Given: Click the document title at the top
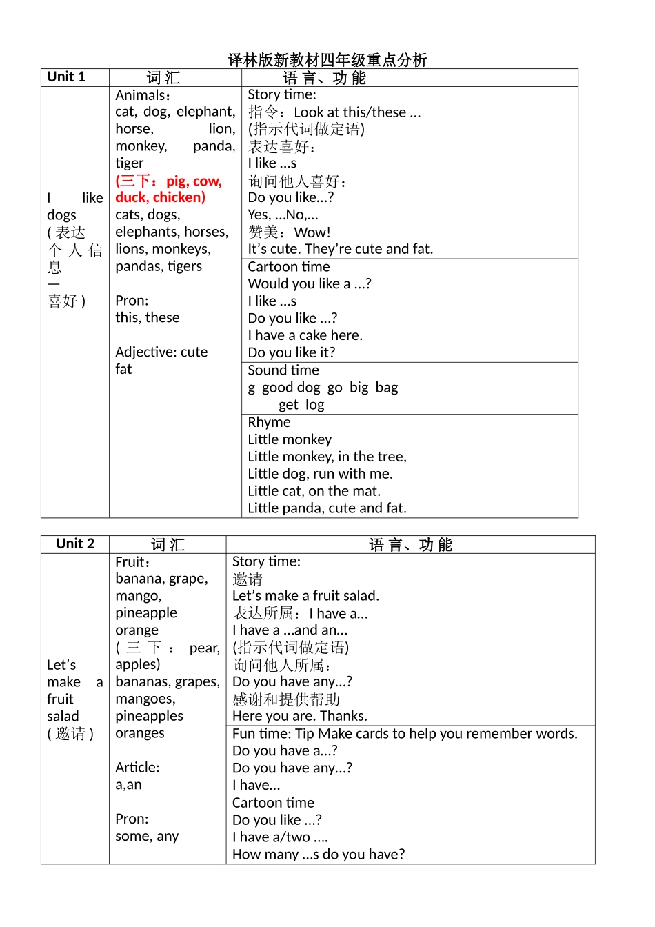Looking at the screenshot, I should click(x=327, y=60).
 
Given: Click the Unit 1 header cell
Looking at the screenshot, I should click(x=66, y=77).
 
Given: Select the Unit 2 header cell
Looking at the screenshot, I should click(x=75, y=544).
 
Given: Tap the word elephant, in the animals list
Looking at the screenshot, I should click(x=205, y=112).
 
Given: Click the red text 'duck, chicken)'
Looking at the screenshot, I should click(x=160, y=197).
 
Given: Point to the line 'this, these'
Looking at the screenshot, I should click(x=147, y=318).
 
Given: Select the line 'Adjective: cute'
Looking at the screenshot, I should click(x=161, y=352).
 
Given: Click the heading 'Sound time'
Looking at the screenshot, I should click(x=283, y=370).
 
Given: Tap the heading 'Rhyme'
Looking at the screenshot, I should click(x=269, y=422).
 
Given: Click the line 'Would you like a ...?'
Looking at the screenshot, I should click(x=310, y=284).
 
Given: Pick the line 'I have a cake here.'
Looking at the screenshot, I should click(x=305, y=336).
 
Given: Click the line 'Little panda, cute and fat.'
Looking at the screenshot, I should click(x=327, y=508).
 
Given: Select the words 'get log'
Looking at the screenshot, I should click(x=301, y=405).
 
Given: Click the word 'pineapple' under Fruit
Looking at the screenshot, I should click(x=146, y=613).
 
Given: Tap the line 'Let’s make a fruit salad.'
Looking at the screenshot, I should click(x=305, y=596).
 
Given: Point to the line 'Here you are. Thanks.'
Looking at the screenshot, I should click(x=300, y=716).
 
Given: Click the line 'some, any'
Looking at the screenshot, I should click(x=147, y=837).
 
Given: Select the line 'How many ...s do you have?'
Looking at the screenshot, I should click(x=319, y=855).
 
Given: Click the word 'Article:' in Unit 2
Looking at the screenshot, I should click(x=137, y=768).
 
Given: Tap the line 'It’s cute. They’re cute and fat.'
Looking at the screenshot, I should click(x=341, y=249).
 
